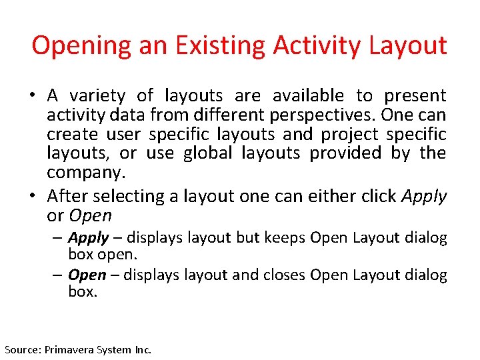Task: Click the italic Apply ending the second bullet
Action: click(x=424, y=196)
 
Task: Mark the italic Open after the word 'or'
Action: click(x=91, y=215)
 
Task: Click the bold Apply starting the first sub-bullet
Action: click(x=88, y=238)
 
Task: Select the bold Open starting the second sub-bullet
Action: click(x=87, y=275)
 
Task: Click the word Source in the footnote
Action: click(x=23, y=349)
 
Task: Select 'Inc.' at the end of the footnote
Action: click(x=142, y=349)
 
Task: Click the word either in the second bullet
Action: click(x=323, y=196)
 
